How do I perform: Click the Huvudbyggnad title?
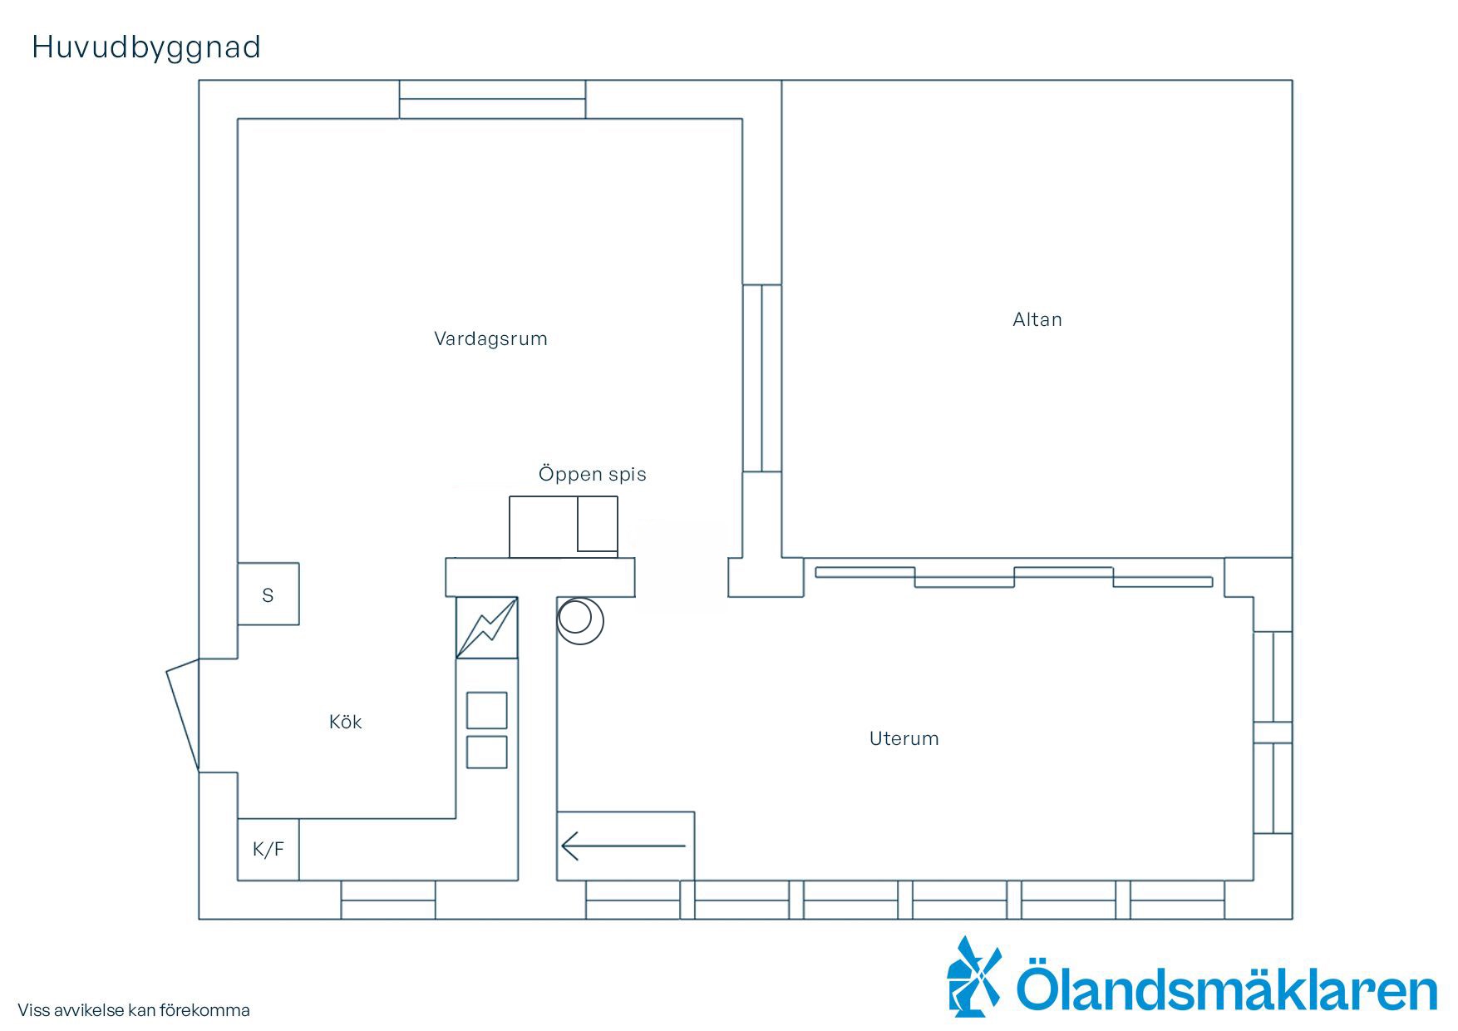tap(146, 48)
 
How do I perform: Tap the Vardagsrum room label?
tap(490, 338)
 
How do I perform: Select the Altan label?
tap(1037, 319)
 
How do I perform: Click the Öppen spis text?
tap(592, 474)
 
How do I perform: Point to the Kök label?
tap(346, 722)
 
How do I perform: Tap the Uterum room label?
tap(904, 738)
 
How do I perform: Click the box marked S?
tap(268, 594)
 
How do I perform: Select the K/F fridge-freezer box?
tap(268, 849)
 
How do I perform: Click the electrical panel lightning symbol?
tap(487, 628)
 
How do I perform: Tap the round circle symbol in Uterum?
tap(579, 621)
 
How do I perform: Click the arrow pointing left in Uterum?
tap(623, 846)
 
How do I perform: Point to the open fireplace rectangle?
tap(564, 527)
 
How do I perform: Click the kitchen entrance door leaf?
tap(183, 716)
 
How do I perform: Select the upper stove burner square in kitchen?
tap(487, 710)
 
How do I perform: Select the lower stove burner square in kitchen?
tap(487, 752)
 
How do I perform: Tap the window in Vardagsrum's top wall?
tap(492, 100)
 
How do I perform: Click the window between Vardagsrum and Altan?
tap(762, 378)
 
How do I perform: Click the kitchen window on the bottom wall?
tap(388, 900)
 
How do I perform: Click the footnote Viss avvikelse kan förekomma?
tap(134, 1010)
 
